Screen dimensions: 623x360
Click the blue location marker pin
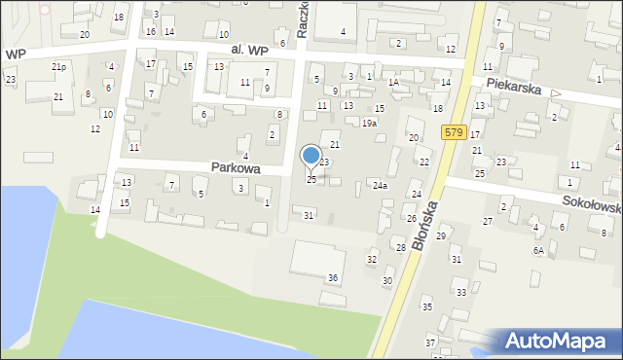pyautogui.click(x=311, y=156)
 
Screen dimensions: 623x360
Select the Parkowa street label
pyautogui.click(x=235, y=167)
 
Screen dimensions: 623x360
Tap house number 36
pyautogui.click(x=333, y=278)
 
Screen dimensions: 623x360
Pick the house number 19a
pyautogui.click(x=369, y=124)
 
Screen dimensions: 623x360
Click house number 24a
pyautogui.click(x=379, y=185)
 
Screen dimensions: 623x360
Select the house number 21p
pyautogui.click(x=59, y=67)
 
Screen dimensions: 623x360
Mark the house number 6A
pyautogui.click(x=537, y=250)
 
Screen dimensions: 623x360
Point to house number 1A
pyautogui.click(x=394, y=83)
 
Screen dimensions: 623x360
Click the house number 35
pyautogui.click(x=426, y=306)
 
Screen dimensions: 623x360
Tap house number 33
pyautogui.click(x=461, y=292)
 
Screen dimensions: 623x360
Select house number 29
pyautogui.click(x=441, y=236)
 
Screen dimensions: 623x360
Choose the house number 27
pyautogui.click(x=488, y=221)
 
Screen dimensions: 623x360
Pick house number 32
pyautogui.click(x=371, y=259)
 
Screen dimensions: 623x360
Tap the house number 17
pyautogui.click(x=151, y=64)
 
